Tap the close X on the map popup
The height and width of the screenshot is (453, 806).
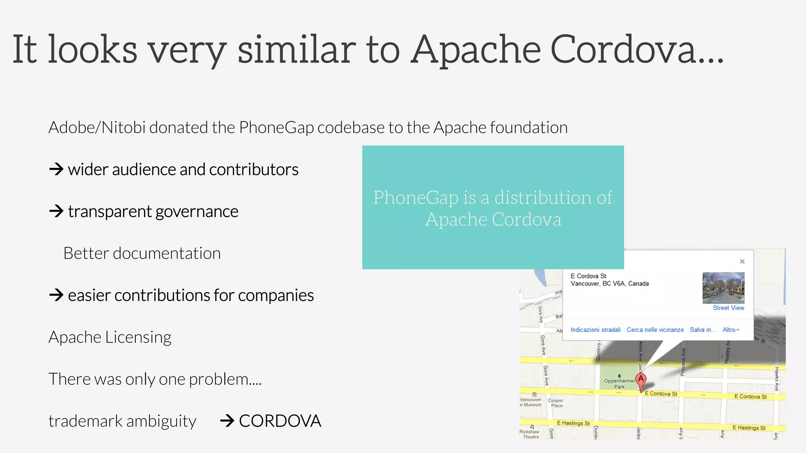742,261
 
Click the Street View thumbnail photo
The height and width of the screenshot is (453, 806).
723,288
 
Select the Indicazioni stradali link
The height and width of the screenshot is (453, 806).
595,330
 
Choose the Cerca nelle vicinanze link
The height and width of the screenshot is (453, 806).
655,330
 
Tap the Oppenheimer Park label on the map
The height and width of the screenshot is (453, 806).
619,383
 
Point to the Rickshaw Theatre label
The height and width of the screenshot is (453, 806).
529,434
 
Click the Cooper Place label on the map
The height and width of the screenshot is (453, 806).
556,403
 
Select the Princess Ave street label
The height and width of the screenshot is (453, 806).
683,362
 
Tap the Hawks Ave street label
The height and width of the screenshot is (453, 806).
776,379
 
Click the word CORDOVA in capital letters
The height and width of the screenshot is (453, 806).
280,421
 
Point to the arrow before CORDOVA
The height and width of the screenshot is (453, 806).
227,421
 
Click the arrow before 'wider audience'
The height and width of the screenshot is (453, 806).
56,169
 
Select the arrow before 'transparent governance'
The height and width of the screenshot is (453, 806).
56,212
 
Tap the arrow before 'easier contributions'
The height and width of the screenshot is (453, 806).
56,295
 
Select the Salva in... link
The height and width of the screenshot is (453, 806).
703,330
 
